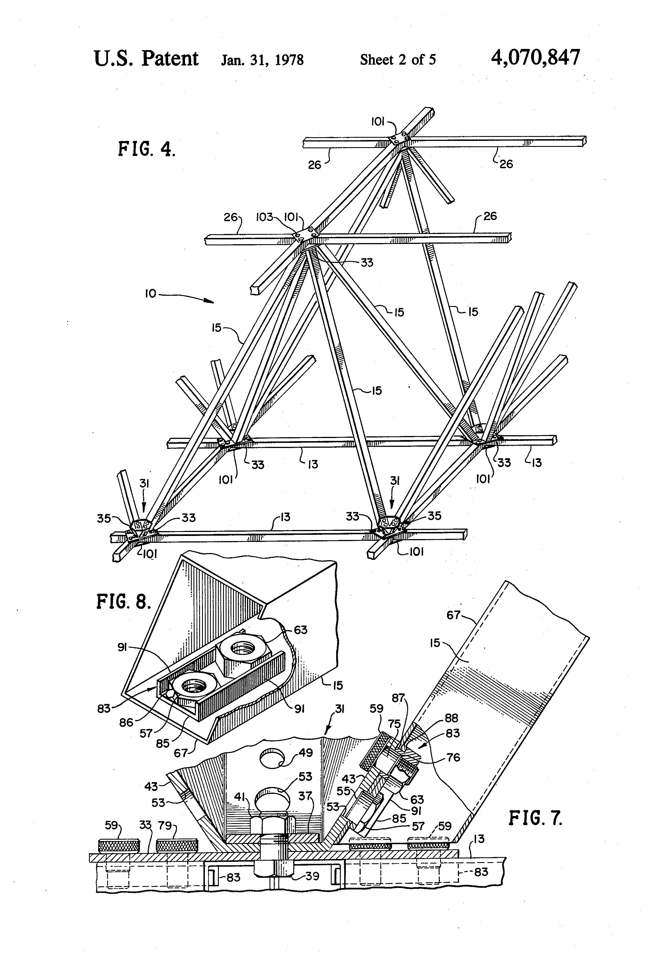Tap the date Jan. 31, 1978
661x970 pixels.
click(x=262, y=60)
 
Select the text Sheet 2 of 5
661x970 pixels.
click(x=397, y=60)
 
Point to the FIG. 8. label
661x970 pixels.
click(x=123, y=601)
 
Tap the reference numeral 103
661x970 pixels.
click(x=264, y=217)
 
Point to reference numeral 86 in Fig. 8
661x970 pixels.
click(x=126, y=722)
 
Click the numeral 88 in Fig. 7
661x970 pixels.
click(x=452, y=718)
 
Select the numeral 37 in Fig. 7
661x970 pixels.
click(x=305, y=796)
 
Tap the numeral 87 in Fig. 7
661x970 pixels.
click(x=398, y=698)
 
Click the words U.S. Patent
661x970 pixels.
click(x=146, y=58)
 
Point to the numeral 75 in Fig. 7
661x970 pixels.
click(x=394, y=724)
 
